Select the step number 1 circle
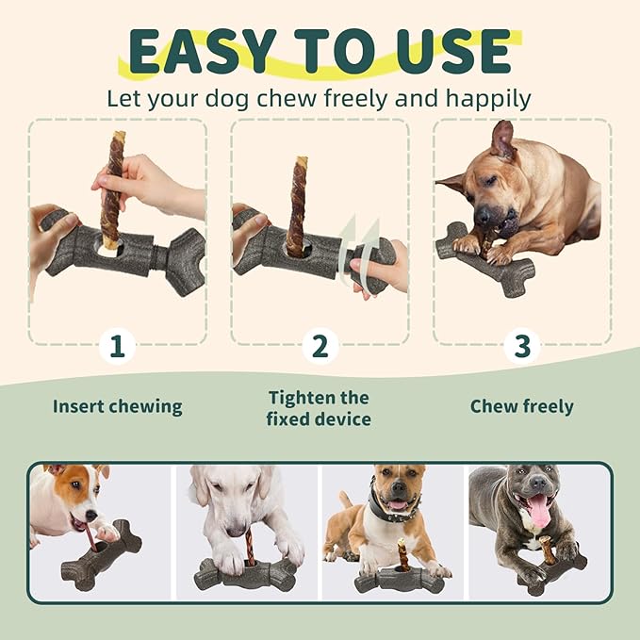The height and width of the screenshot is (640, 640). (x=117, y=346)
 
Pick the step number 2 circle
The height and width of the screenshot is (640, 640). (x=320, y=346)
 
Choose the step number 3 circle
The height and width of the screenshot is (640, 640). (x=522, y=346)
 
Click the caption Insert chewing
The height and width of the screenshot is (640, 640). (x=117, y=407)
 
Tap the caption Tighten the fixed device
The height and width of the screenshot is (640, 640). (x=319, y=408)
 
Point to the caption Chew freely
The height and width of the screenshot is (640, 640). (x=521, y=407)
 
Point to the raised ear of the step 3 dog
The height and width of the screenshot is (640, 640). (x=501, y=139)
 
